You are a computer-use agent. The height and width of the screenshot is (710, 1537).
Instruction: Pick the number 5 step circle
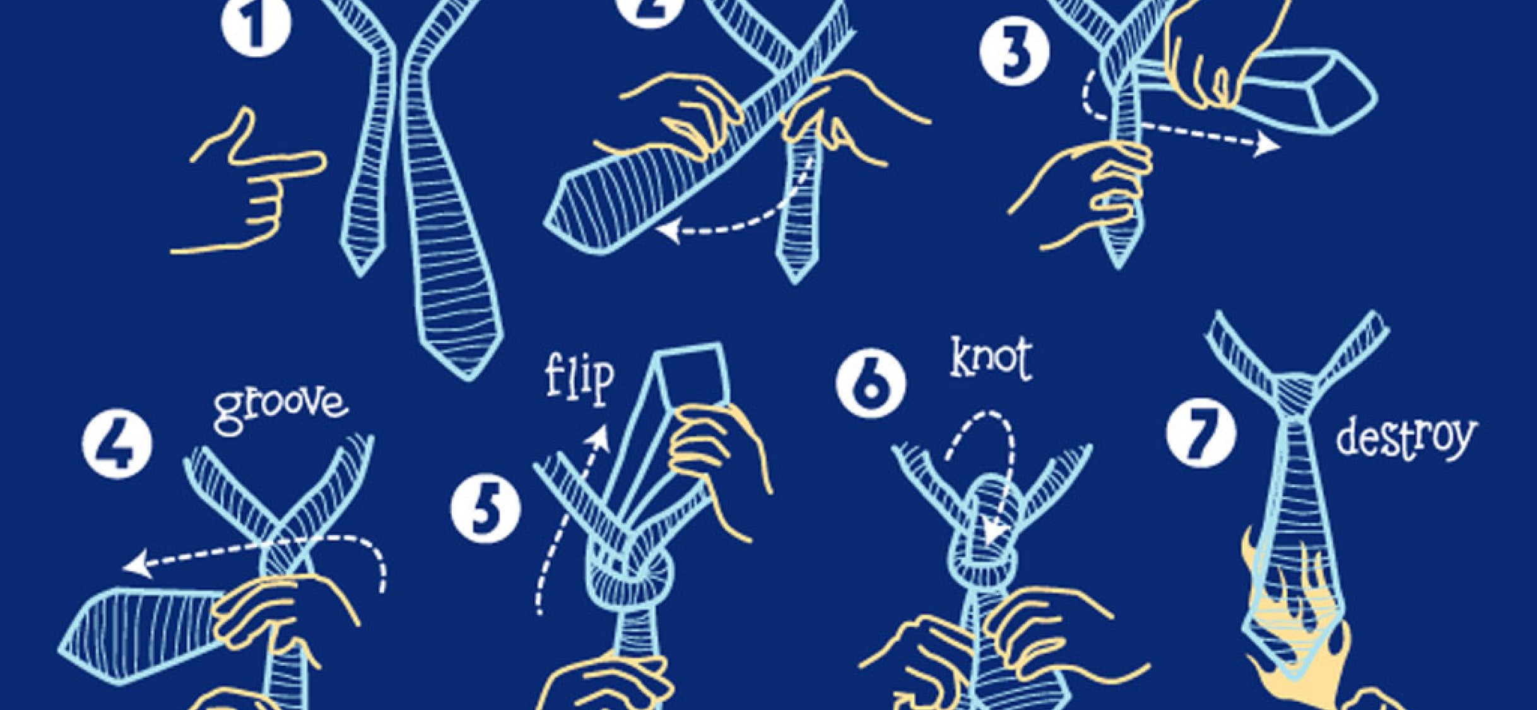point(486,509)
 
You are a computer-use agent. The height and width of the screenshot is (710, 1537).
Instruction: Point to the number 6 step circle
point(871,382)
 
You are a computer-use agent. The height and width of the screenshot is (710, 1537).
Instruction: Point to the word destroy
point(1406,437)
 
